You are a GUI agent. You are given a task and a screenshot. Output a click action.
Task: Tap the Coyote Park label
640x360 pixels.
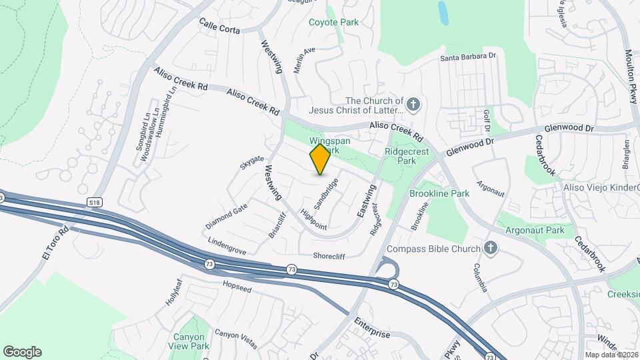[333, 22]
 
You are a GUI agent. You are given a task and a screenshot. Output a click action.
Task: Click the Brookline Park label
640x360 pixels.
[439, 193]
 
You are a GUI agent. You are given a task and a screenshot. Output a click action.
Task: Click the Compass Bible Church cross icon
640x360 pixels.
[491, 249]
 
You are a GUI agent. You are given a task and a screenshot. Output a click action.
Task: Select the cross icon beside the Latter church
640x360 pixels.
[413, 104]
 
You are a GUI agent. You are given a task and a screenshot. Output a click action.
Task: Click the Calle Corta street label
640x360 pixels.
[219, 25]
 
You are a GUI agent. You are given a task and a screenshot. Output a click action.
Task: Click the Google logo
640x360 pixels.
[22, 351]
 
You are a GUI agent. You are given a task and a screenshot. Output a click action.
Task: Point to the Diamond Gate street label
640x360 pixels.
[227, 214]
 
